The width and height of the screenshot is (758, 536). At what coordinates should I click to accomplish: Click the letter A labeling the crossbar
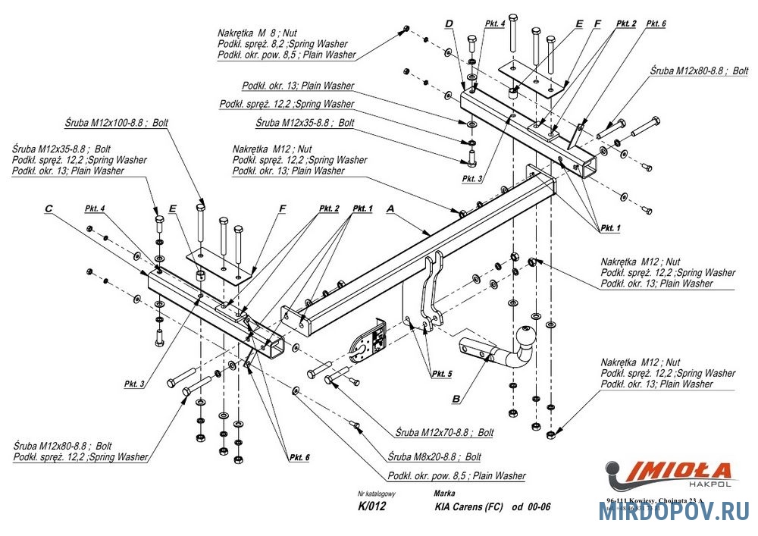[391, 207]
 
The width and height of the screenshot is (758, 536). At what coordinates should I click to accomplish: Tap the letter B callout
[456, 397]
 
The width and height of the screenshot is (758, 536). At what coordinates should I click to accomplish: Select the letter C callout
[49, 208]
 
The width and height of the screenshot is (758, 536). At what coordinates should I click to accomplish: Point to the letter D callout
[449, 24]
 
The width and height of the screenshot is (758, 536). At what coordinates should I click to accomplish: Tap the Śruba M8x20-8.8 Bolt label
[434, 457]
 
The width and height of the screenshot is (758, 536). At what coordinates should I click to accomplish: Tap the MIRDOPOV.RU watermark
[674, 512]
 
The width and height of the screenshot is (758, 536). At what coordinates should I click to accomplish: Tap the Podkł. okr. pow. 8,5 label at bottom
[456, 476]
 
